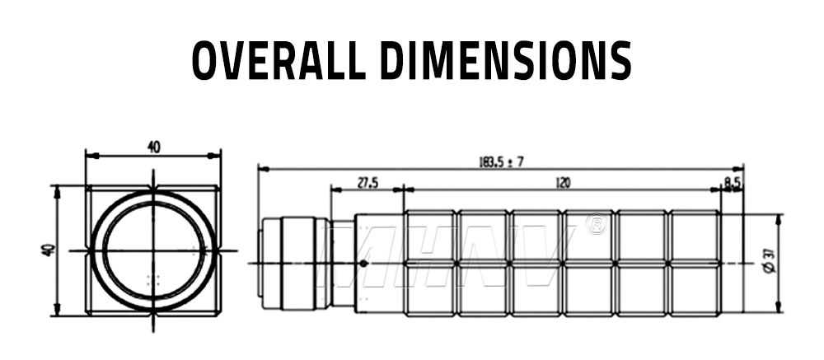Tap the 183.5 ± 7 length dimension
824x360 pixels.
[501, 161]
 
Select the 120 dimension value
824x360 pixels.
[563, 182]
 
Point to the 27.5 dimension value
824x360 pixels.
[368, 183]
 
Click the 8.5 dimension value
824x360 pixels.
[732, 182]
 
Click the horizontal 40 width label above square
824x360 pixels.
[154, 147]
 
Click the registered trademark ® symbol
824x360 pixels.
[594, 224]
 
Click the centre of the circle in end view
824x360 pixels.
[153, 250]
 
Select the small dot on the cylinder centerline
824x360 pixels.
[363, 263]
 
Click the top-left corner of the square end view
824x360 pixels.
[87, 186]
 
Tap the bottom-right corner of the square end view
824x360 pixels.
[220, 314]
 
